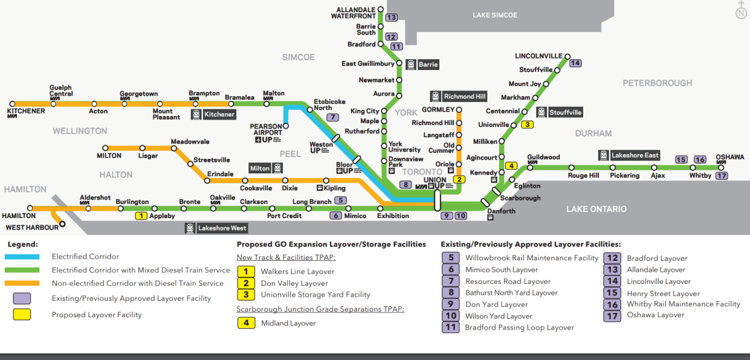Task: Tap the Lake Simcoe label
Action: click(495, 15)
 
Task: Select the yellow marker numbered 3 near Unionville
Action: click(528, 125)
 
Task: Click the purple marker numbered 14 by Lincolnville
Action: click(575, 63)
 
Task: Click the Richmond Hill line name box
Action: click(459, 97)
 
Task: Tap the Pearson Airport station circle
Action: click(286, 126)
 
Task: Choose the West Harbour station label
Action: click(32, 228)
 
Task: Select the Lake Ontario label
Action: click(596, 209)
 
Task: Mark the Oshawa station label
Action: click(729, 157)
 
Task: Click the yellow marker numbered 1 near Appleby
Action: click(141, 216)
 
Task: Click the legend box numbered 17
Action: click(612, 316)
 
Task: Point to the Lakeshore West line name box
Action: click(216, 228)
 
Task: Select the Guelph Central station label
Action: click(61, 91)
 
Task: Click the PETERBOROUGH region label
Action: click(657, 83)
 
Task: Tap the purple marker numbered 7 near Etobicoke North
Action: click(332, 117)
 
